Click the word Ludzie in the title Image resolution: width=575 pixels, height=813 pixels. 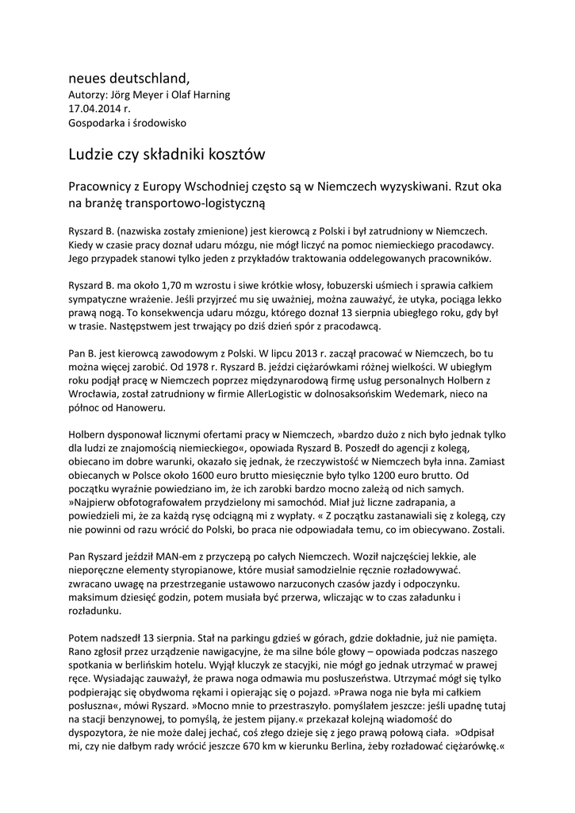point(93,153)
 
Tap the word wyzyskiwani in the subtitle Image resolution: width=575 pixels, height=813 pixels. point(402,188)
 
